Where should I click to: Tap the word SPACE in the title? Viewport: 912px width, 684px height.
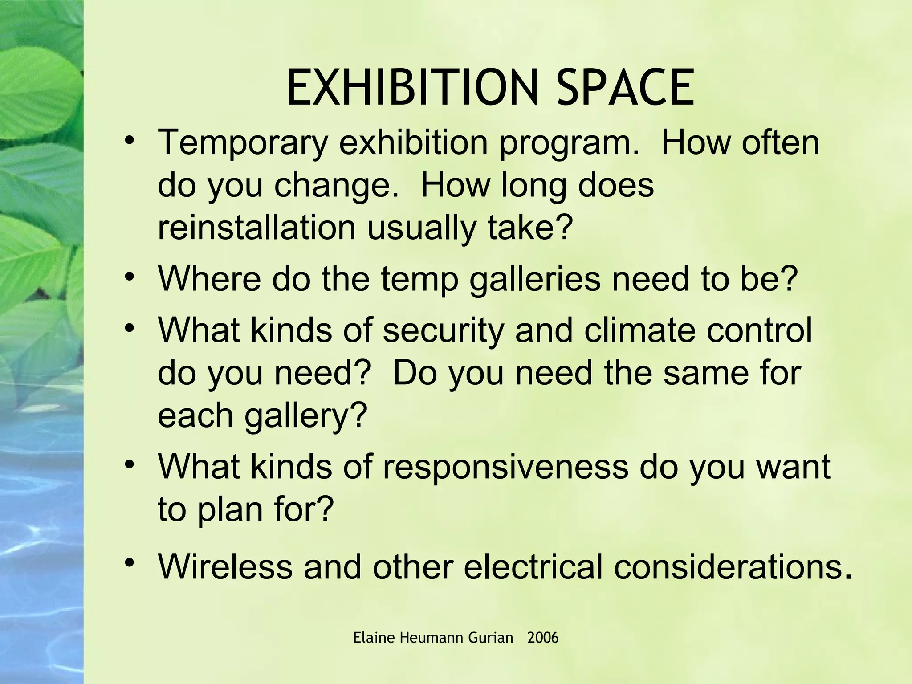click(625, 88)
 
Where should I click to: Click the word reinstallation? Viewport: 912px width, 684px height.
click(256, 228)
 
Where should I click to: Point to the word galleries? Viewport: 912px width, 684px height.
click(535, 279)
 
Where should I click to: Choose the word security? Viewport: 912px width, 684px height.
click(444, 330)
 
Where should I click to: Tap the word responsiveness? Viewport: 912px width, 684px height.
click(505, 467)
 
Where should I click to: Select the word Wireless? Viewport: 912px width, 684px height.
click(225, 566)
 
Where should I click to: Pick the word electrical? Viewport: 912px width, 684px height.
click(533, 566)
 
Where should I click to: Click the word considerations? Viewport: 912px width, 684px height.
click(733, 566)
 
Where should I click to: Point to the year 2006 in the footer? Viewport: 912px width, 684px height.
click(542, 638)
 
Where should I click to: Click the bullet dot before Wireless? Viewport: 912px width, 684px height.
click(130, 563)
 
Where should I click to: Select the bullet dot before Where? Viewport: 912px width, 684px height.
click(130, 277)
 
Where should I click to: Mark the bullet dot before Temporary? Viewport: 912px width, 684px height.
click(130, 140)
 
